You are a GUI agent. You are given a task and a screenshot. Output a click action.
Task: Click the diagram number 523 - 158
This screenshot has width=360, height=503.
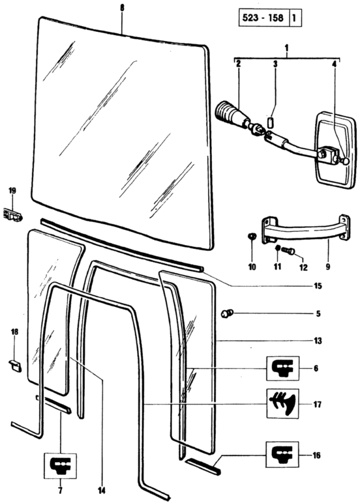click(263, 18)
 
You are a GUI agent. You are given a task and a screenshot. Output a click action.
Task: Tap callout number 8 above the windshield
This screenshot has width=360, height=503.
click(122, 8)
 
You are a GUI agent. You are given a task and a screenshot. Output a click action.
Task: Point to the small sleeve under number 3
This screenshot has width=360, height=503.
click(271, 122)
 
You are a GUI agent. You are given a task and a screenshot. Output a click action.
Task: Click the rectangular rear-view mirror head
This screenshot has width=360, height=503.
click(336, 150)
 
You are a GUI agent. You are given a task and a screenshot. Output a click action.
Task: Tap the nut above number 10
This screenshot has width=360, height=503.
click(252, 237)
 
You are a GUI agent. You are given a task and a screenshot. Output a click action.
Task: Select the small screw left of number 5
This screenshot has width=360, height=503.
click(228, 313)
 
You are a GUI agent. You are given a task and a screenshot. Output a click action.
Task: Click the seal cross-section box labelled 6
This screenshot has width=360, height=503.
click(282, 368)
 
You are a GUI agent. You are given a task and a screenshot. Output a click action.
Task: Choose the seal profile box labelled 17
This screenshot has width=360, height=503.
click(282, 403)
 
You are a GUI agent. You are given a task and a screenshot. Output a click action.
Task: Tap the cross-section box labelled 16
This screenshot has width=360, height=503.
click(282, 455)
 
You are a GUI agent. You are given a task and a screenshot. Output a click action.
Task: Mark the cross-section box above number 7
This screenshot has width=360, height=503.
click(60, 466)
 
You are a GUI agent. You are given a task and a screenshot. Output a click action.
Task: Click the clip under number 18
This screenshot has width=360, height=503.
click(15, 366)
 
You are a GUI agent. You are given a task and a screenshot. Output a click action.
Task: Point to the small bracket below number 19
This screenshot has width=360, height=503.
click(13, 214)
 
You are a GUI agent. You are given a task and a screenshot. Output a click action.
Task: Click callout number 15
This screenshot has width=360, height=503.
click(318, 285)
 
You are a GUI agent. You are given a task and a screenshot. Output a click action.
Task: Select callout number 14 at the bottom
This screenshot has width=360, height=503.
click(102, 490)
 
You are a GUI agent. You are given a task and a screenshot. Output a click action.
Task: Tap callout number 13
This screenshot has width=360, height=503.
click(318, 340)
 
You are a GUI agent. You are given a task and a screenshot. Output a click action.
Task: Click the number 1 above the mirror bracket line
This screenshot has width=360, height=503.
click(287, 48)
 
